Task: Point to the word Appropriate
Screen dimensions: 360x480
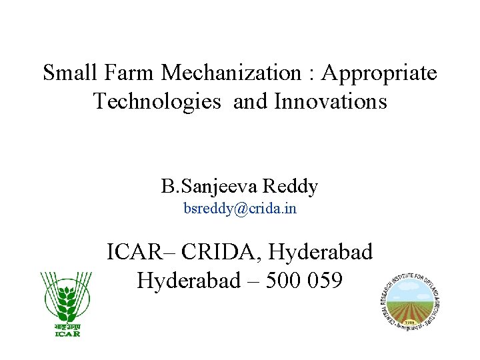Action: click(x=379, y=73)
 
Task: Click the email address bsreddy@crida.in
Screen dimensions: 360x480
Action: click(x=240, y=209)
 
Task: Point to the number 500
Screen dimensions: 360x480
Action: click(x=285, y=281)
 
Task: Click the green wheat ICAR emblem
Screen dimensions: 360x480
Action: click(x=66, y=296)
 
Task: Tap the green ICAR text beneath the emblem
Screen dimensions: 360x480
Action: click(x=67, y=333)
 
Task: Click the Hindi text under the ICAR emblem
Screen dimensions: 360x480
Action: click(x=67, y=326)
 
